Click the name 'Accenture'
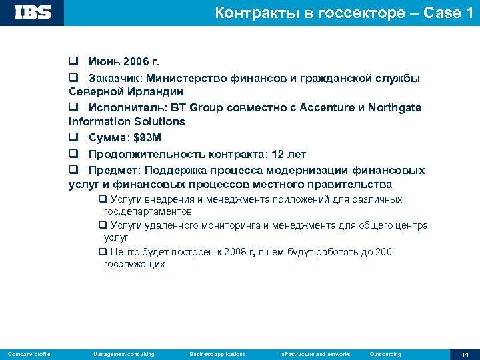[x=331, y=107]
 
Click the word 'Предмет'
[x=113, y=170]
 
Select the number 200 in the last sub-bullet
[x=383, y=252]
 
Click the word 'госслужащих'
[x=135, y=264]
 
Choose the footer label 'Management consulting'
[x=124, y=354]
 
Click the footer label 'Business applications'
[x=217, y=354]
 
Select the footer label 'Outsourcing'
[x=385, y=354]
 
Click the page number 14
[x=465, y=354]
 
